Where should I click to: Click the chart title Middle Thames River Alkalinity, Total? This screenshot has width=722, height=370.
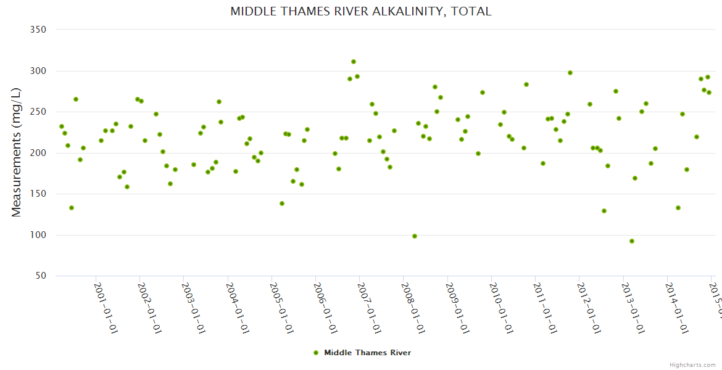tap(360, 11)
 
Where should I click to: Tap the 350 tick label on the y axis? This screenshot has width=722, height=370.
tap(39, 30)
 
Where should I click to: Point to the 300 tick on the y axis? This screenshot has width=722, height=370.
tap(39, 71)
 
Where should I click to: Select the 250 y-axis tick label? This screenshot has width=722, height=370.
tap(39, 112)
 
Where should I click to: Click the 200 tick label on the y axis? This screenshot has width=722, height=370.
tap(39, 153)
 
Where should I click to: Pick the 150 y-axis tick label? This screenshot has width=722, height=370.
tap(39, 194)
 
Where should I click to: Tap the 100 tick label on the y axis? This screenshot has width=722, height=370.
tap(39, 235)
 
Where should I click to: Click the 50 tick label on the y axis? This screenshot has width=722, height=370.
tap(41, 276)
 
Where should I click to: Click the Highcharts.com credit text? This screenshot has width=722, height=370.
tap(693, 364)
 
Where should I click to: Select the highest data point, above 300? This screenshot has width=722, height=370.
tap(354, 62)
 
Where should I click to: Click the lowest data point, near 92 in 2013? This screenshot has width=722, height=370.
tap(632, 241)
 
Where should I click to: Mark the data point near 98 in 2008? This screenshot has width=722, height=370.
tap(415, 236)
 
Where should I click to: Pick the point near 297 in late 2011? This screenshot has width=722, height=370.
tap(570, 73)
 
